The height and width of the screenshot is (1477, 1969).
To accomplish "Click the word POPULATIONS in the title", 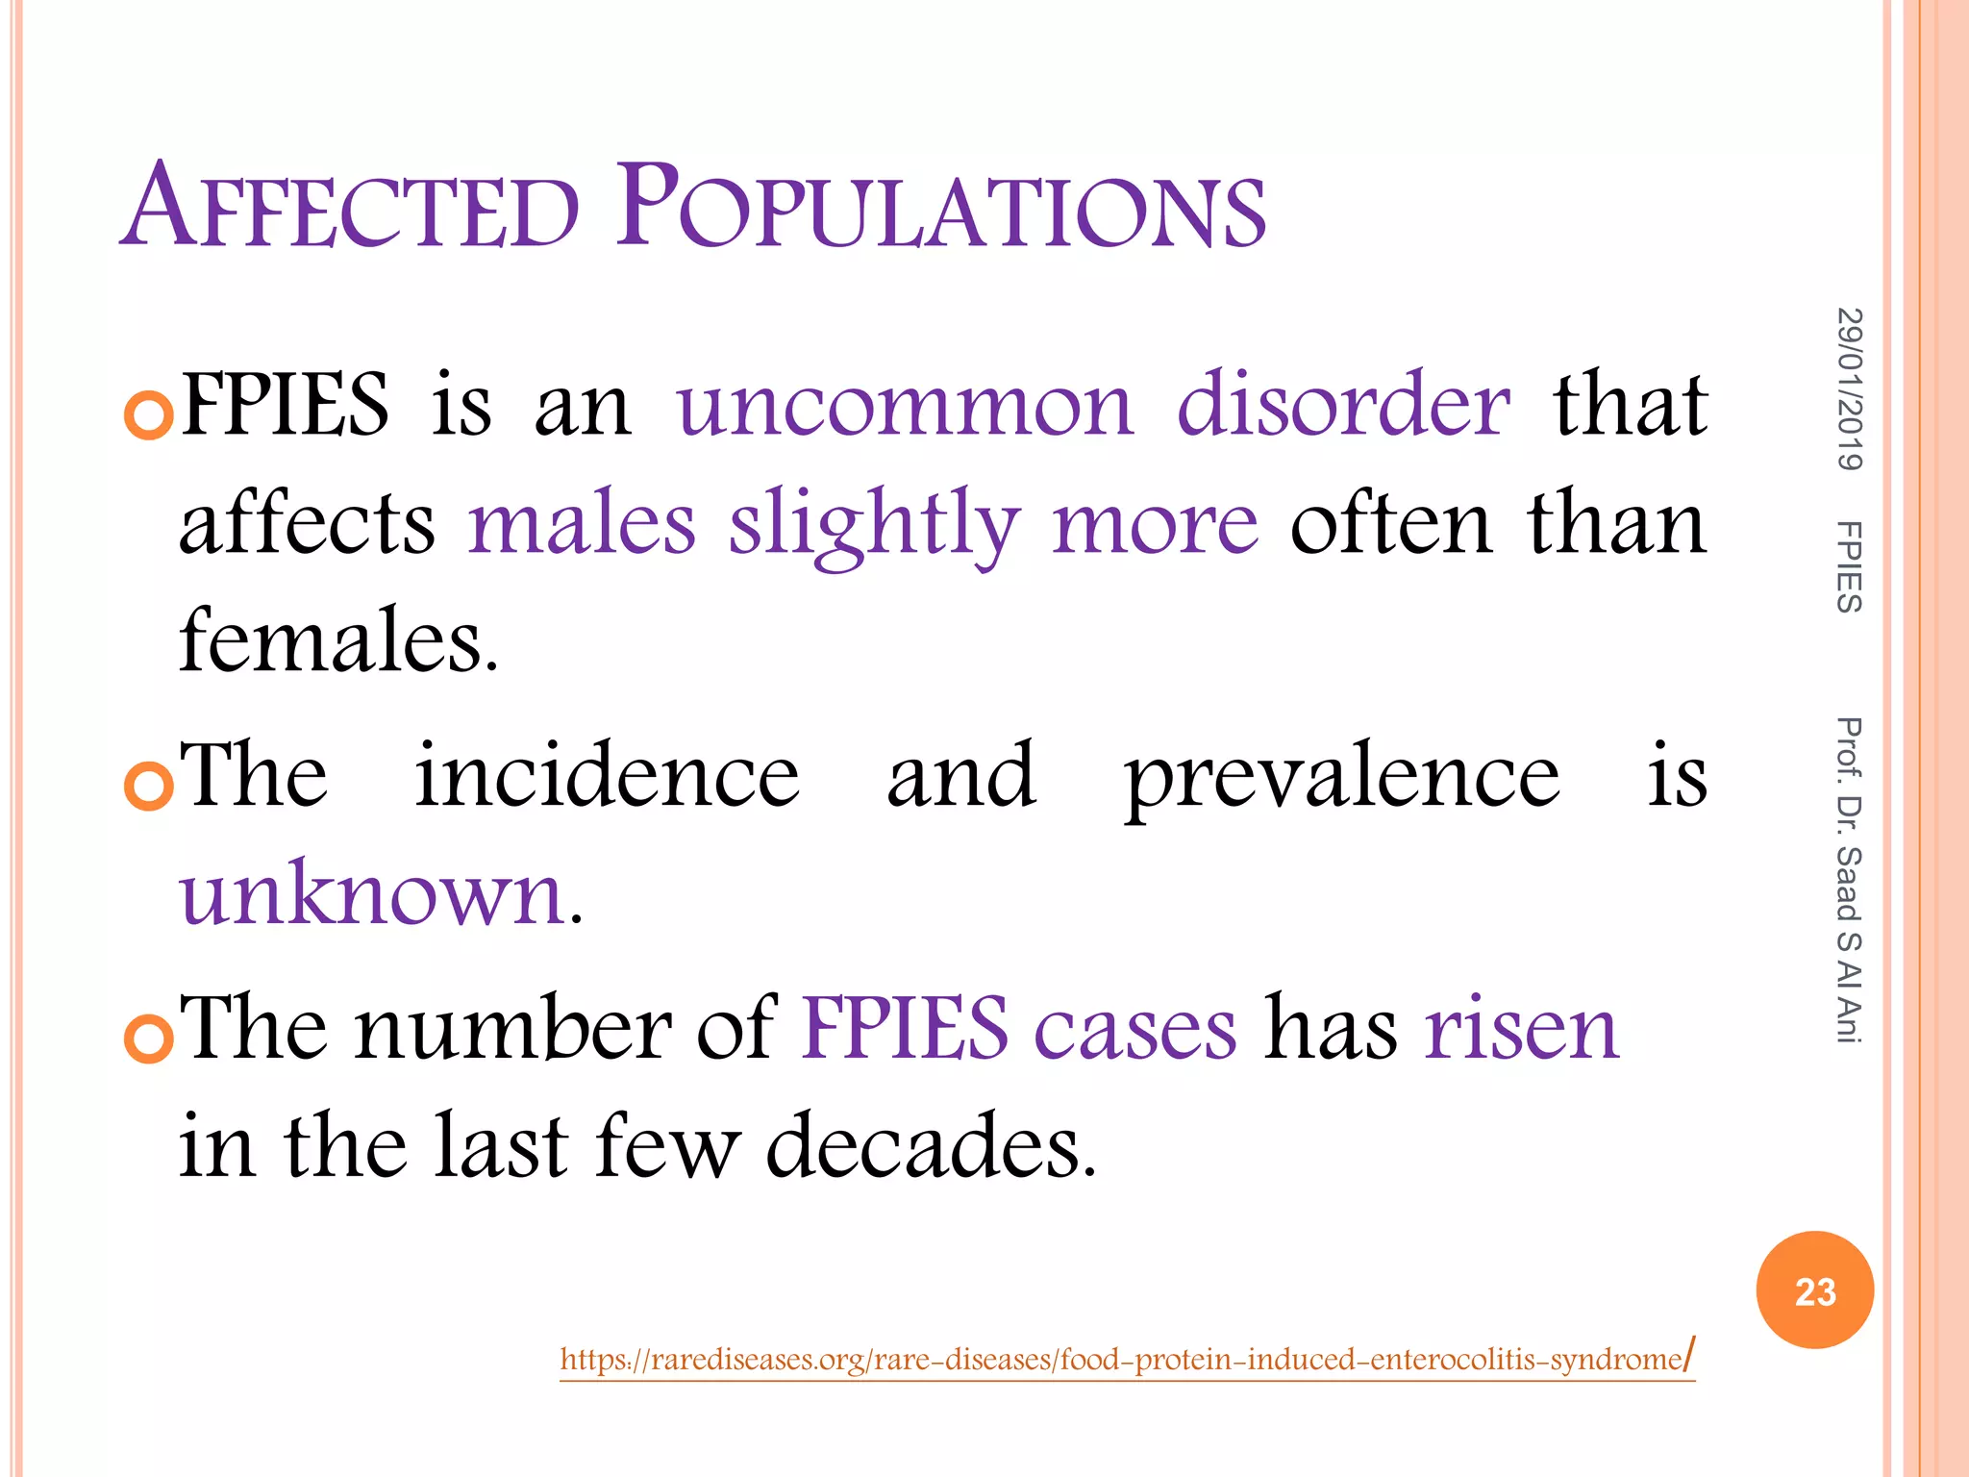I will coord(941,207).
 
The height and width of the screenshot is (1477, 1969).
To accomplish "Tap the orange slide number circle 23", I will coord(1814,1290).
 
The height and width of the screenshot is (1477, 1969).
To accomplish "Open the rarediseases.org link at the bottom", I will coord(1126,1360).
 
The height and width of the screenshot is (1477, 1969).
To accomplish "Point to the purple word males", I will coord(582,525).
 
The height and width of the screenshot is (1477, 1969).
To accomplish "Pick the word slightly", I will coord(873,525).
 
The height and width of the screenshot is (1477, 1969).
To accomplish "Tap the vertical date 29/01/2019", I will coord(1849,389).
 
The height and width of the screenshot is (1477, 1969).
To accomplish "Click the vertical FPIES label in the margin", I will coord(1849,566).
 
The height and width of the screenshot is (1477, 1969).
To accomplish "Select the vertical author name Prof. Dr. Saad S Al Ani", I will coord(1849,880).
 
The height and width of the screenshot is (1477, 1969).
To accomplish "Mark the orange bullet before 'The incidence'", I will coord(149,785).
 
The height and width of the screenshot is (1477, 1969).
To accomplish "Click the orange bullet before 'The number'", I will coord(149,1038).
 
